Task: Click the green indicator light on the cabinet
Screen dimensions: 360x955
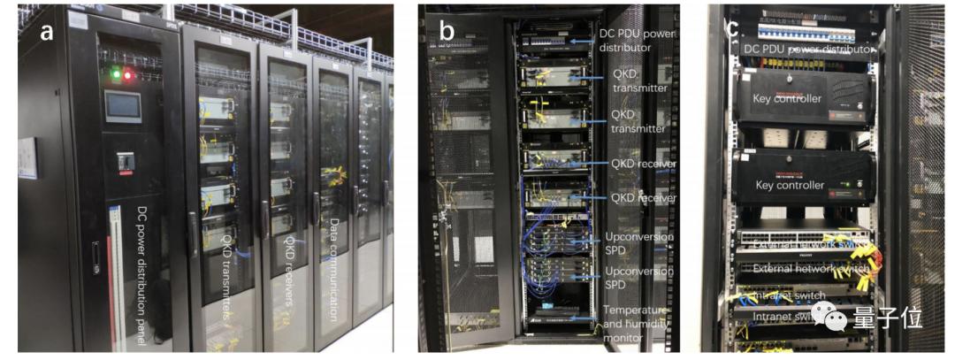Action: (x=116, y=75)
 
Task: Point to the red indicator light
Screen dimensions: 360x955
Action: (x=129, y=75)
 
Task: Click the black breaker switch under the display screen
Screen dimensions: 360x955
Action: (x=126, y=162)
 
